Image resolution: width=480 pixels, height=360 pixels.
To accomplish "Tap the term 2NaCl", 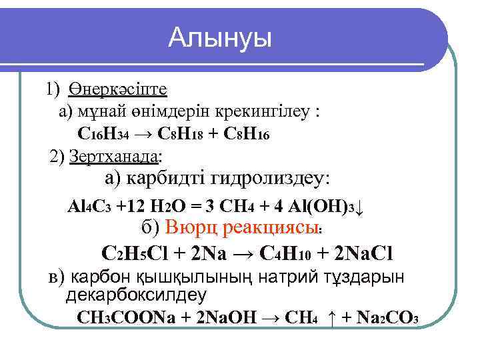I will coord(360,253).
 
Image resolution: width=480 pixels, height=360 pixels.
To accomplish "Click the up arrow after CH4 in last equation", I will coord(331,318).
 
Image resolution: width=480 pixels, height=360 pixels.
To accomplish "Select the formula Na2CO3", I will coord(386,317).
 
